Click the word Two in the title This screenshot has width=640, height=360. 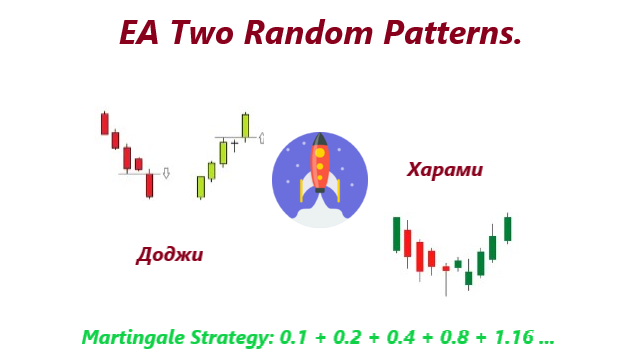click(x=206, y=34)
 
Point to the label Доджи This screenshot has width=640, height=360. click(x=170, y=255)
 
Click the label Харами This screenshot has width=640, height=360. click(x=445, y=170)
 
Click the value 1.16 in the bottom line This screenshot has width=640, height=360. click(x=515, y=336)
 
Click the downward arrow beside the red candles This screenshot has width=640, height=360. click(x=166, y=173)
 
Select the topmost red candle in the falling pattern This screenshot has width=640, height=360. click(x=104, y=123)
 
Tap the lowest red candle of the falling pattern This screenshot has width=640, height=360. click(x=149, y=185)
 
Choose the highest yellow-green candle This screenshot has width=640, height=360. click(x=245, y=126)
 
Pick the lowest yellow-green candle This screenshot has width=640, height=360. click(x=201, y=187)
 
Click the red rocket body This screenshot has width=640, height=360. click(x=320, y=166)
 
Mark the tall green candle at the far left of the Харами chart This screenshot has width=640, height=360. click(x=397, y=234)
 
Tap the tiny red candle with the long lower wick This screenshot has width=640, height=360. click(x=446, y=269)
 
